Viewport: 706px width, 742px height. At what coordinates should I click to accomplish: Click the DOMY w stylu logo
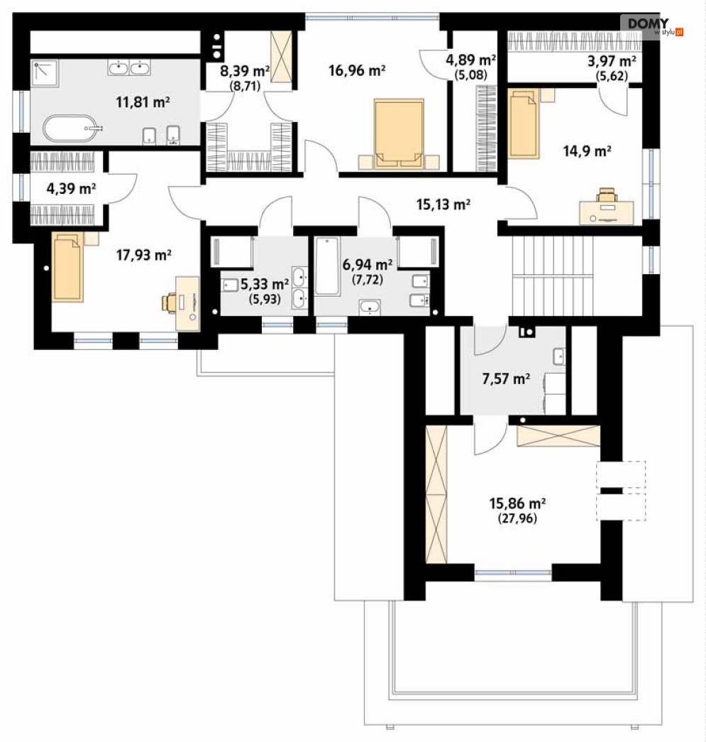652,26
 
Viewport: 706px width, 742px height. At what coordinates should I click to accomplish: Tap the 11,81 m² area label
143,102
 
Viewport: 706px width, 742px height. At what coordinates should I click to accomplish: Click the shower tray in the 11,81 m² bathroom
45,73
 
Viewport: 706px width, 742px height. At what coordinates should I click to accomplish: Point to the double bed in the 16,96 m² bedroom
399,134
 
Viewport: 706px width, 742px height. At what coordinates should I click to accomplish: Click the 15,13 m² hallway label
443,204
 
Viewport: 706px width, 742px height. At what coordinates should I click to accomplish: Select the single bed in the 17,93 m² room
67,266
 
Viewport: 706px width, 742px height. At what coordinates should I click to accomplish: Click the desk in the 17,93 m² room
188,303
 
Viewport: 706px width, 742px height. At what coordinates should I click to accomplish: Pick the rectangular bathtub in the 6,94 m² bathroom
327,266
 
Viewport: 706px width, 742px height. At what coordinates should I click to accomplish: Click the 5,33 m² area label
265,285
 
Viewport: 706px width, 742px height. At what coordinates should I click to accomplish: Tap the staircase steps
552,275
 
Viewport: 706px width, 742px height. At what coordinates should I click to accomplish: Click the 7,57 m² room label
506,378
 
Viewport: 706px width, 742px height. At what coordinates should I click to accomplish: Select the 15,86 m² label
517,503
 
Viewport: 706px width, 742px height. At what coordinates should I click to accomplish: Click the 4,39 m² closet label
72,189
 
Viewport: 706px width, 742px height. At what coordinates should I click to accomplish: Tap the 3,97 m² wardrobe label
612,61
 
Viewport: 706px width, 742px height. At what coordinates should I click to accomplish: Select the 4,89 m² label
471,60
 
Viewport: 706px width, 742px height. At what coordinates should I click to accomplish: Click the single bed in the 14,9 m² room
523,124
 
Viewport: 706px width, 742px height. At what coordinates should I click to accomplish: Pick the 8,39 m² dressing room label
245,71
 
